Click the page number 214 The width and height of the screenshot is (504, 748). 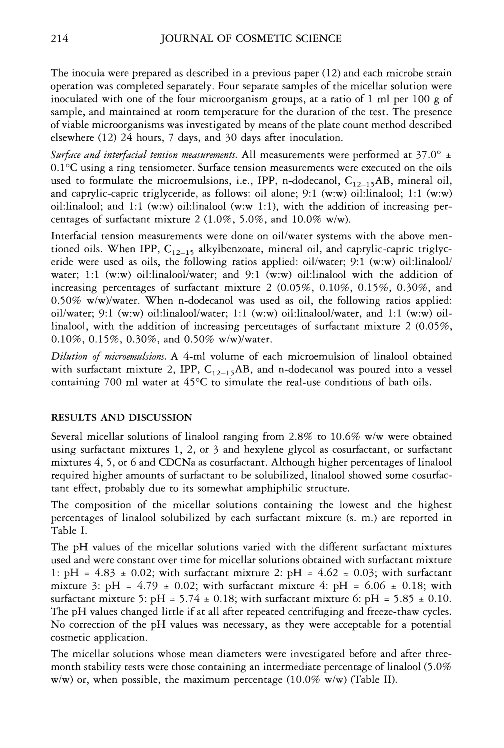[60, 39]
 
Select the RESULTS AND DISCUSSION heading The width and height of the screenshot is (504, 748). [122, 418]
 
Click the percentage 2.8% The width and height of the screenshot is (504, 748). [301, 437]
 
